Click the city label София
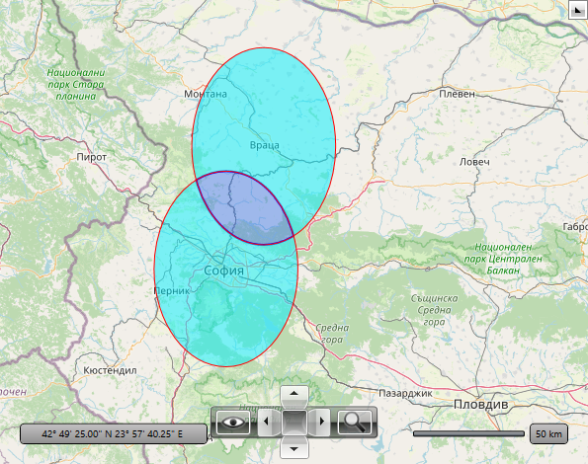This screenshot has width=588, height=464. tap(224, 270)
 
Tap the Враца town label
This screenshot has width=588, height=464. tap(264, 145)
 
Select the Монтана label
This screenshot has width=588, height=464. tap(206, 95)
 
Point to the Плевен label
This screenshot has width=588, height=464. tap(458, 94)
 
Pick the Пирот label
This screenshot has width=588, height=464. tap(91, 157)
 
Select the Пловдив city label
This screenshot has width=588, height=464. tap(479, 406)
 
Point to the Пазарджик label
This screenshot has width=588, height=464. tap(405, 393)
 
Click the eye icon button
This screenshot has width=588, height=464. tap(233, 423)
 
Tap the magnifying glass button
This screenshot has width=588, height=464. tap(353, 423)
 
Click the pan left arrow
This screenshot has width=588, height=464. tap(264, 423)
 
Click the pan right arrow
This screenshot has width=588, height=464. tap(322, 423)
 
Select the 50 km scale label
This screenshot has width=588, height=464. tap(548, 433)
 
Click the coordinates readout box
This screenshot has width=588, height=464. tap(115, 433)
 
